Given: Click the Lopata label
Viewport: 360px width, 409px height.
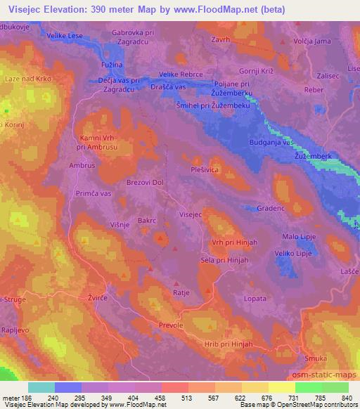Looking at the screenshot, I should [x=255, y=299].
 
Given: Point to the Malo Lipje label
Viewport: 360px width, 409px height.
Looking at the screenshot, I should [x=300, y=237].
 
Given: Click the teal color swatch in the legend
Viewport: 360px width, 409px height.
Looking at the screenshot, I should [x=41, y=387].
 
